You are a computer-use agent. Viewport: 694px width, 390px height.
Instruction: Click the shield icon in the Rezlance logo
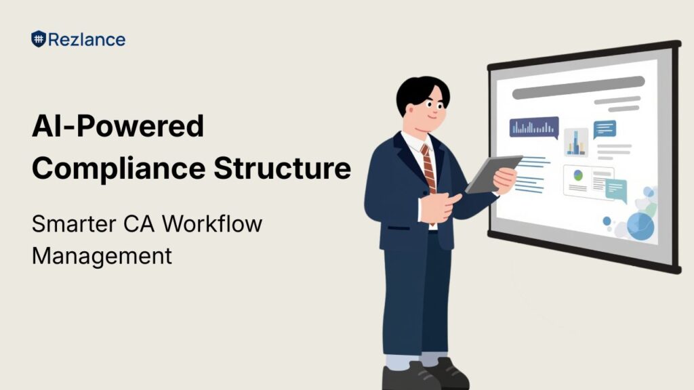[39, 39]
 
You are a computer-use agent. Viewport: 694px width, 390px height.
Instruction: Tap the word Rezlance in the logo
[87, 40]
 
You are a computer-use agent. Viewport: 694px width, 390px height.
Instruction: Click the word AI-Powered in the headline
[118, 126]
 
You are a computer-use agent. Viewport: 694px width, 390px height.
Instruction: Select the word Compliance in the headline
[119, 169]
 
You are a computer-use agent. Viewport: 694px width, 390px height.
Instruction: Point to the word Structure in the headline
[283, 168]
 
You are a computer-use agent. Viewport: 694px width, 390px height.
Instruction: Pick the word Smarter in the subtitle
[74, 223]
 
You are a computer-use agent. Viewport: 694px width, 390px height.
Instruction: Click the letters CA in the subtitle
[139, 223]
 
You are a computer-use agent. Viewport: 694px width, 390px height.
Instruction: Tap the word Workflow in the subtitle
[212, 223]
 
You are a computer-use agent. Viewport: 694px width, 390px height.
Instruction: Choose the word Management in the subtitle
[102, 256]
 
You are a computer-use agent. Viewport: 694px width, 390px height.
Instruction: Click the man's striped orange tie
[428, 169]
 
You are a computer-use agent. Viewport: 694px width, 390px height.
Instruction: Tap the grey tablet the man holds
[493, 174]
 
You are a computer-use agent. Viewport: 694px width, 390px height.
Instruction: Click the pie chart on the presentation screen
[578, 175]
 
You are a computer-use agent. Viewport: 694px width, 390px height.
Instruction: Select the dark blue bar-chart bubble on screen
[534, 128]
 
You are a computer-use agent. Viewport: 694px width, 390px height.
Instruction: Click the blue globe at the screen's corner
[640, 226]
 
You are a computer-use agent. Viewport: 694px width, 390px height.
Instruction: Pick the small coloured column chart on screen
[576, 143]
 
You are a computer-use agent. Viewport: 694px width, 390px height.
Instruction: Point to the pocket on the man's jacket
[399, 229]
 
